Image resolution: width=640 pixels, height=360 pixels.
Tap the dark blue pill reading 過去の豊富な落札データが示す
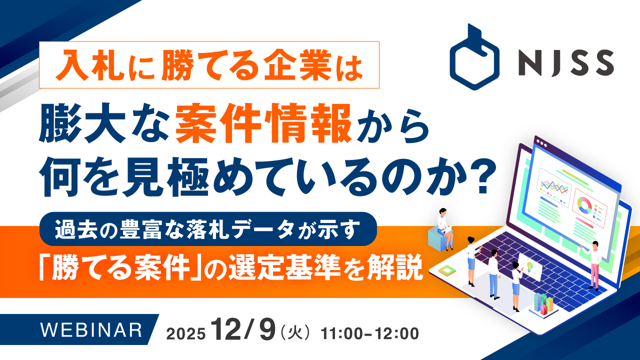pyautogui.click(x=207, y=228)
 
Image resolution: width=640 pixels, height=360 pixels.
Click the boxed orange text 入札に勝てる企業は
pyautogui.click(x=209, y=65)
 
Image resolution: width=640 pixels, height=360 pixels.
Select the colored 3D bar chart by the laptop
pyautogui.click(x=543, y=302)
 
